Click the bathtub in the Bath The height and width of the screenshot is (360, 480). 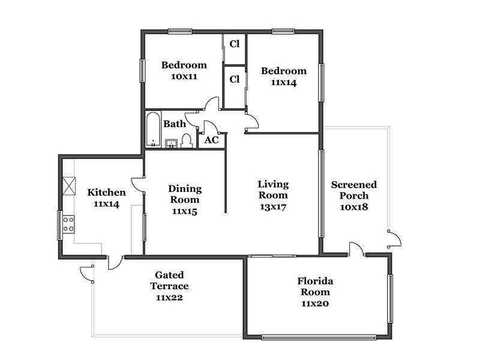153,130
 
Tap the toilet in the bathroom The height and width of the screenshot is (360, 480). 186,141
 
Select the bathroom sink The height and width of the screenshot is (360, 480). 172,143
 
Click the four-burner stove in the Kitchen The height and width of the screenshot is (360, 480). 68,224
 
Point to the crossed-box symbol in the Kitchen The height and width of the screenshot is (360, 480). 69,186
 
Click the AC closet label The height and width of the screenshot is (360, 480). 212,140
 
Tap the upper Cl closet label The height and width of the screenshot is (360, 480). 235,44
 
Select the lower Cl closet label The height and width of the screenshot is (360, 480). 235,79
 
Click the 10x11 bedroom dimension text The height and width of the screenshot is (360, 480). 184,77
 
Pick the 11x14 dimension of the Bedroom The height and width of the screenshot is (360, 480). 284,83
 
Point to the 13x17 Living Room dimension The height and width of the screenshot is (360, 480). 273,207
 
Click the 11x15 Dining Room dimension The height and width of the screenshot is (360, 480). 185,211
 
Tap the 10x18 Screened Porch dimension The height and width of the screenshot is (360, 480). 354,207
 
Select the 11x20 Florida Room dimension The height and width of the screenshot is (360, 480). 315,304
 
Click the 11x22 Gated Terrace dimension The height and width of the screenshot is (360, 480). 169,298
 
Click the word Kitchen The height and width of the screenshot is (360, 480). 107,193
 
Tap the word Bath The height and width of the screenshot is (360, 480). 175,124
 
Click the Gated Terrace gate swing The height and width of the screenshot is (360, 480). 86,274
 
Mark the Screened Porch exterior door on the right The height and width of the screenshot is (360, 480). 394,239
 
